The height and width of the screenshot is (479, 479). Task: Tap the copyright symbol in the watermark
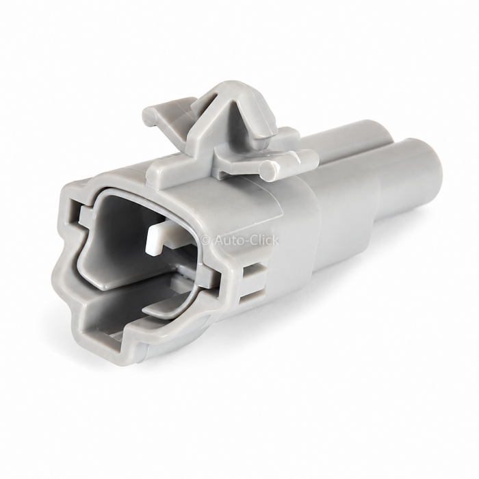206,241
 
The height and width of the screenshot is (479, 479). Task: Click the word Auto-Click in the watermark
246,240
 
